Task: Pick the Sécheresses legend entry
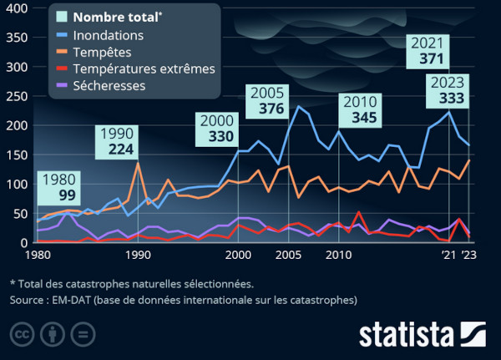pos(109,85)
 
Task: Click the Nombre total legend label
pos(117,17)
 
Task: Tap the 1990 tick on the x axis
pos(138,255)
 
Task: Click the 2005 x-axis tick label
pos(289,255)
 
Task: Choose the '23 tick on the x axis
pos(469,255)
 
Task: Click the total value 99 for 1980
pos(67,195)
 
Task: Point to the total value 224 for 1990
pos(116,150)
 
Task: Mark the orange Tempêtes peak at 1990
pos(138,163)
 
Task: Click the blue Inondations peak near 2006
pos(298,106)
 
